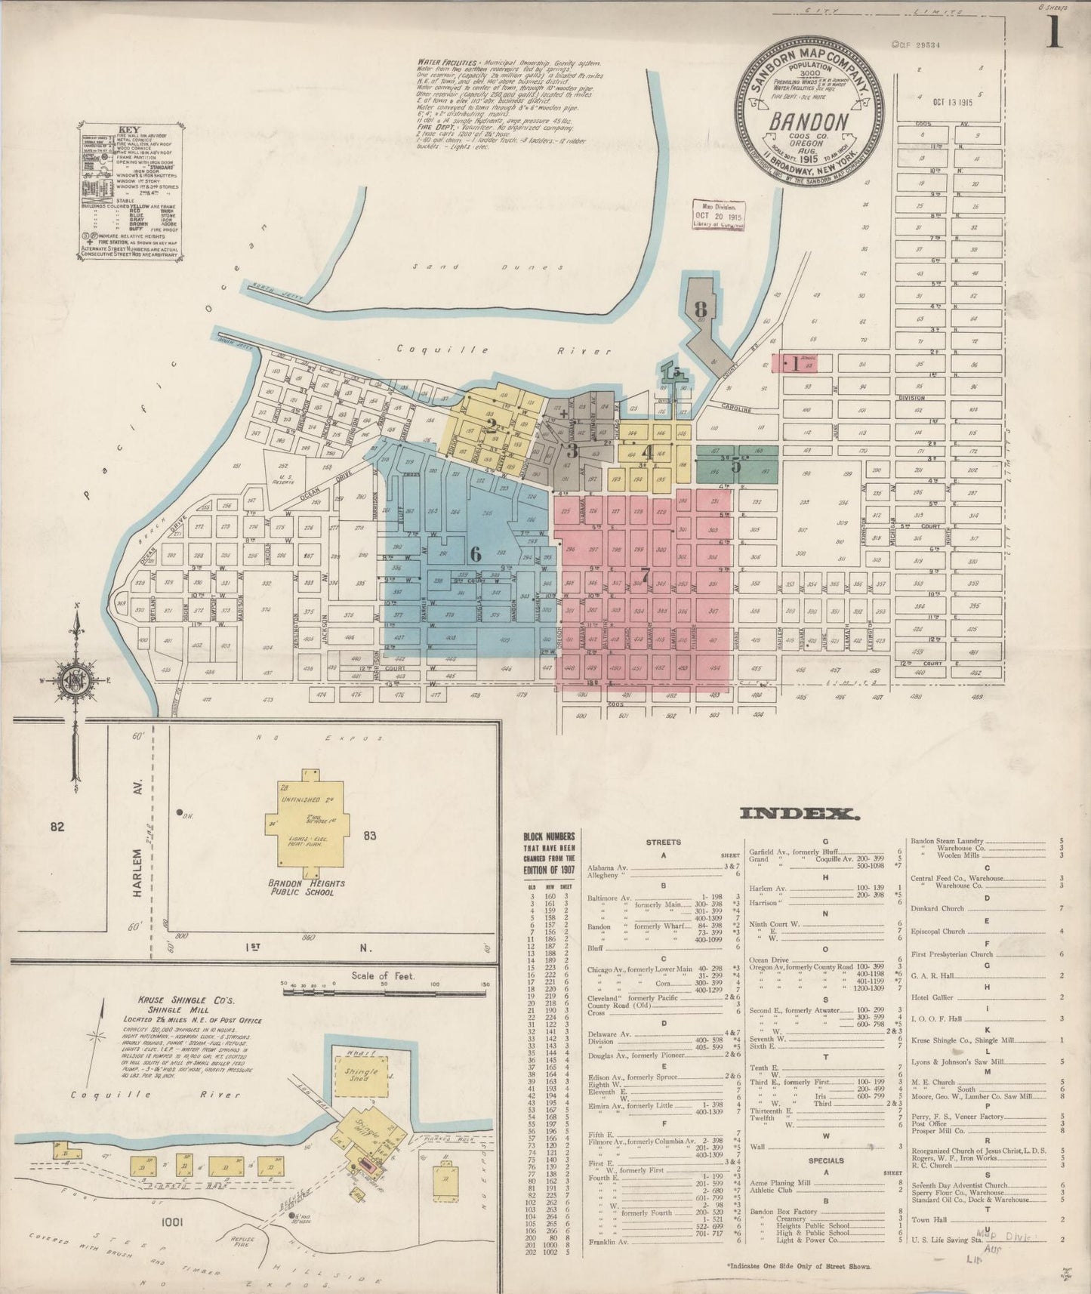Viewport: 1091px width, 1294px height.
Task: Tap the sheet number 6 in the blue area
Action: (475, 553)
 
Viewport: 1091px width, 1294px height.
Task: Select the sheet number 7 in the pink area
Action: (644, 574)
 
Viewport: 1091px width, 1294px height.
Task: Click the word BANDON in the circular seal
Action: (807, 121)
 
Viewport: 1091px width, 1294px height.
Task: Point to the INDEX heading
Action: (799, 813)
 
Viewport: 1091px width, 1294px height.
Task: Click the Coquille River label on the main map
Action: (503, 350)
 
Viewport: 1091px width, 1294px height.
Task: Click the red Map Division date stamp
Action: (719, 215)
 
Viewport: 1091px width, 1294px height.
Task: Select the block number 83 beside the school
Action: (369, 836)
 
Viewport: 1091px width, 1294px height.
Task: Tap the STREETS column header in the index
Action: (664, 842)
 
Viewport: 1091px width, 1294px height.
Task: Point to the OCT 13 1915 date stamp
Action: (953, 102)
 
